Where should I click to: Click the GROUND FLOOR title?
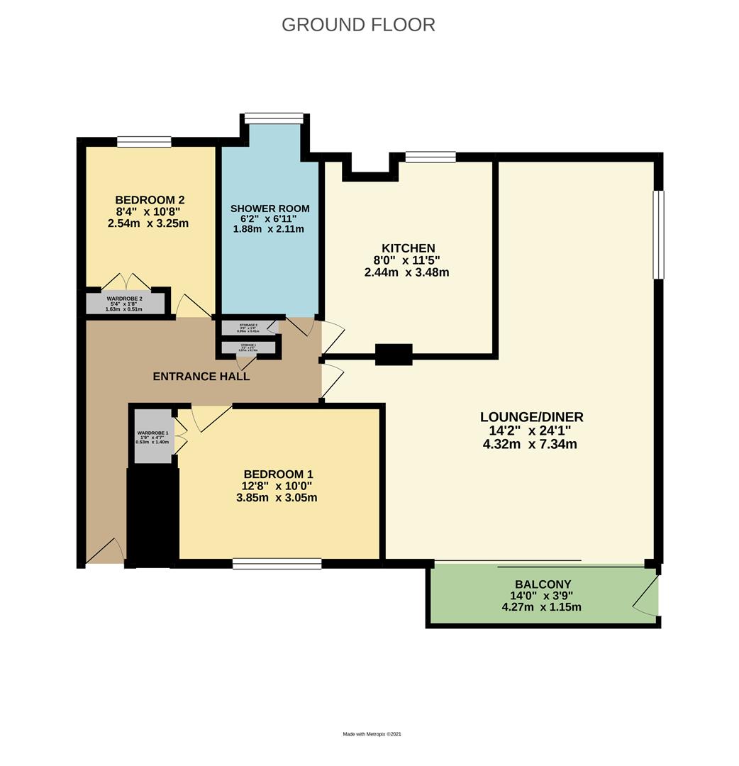point(358,24)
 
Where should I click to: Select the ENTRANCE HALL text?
point(201,377)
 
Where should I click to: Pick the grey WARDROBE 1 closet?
point(152,437)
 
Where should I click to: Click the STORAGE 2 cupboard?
point(248,328)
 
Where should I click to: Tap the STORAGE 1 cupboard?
point(248,348)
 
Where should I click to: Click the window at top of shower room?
point(274,118)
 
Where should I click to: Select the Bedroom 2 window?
point(144,142)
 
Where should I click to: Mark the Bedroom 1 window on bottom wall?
point(277,565)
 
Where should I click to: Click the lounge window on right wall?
point(658,234)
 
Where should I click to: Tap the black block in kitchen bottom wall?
point(394,354)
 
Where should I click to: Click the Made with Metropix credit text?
point(377,735)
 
